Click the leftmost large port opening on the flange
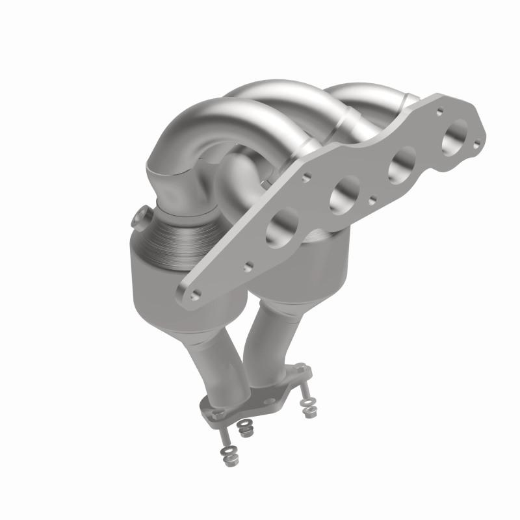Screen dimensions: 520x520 click(x=282, y=227)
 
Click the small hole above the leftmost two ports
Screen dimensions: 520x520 click(x=305, y=176)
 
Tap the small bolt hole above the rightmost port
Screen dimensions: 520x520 click(x=440, y=110)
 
